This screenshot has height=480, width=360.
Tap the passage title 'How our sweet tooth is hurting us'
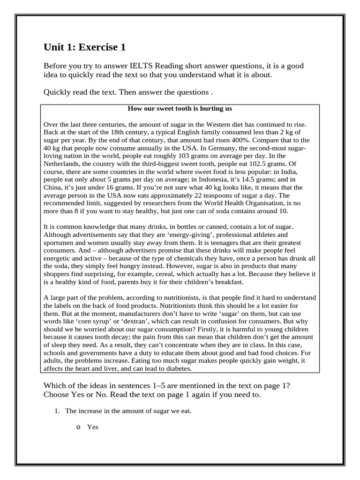(180, 109)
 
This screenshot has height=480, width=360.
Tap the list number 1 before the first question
(57, 411)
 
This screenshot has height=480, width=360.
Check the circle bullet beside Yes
(78, 427)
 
